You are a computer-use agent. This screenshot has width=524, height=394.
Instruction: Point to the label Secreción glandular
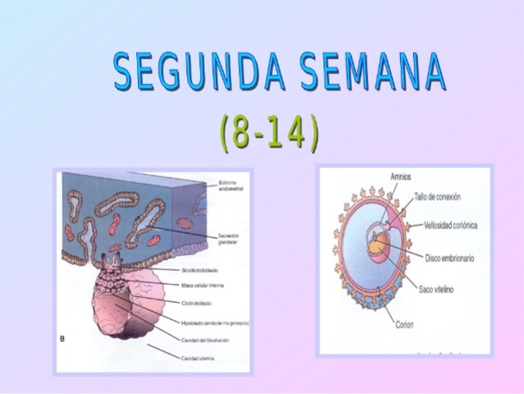[228, 239]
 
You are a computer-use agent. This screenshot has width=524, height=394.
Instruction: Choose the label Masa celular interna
[202, 286]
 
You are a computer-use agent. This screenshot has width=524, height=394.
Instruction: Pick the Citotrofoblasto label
[197, 302]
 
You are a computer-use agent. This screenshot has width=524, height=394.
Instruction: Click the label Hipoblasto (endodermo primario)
[215, 323]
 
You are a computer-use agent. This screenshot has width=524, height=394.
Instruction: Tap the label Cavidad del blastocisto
[205, 340]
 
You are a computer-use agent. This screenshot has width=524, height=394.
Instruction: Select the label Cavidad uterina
[198, 357]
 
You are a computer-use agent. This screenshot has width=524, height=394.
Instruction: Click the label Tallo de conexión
[444, 197]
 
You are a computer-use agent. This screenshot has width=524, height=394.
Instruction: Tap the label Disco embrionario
[449, 258]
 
